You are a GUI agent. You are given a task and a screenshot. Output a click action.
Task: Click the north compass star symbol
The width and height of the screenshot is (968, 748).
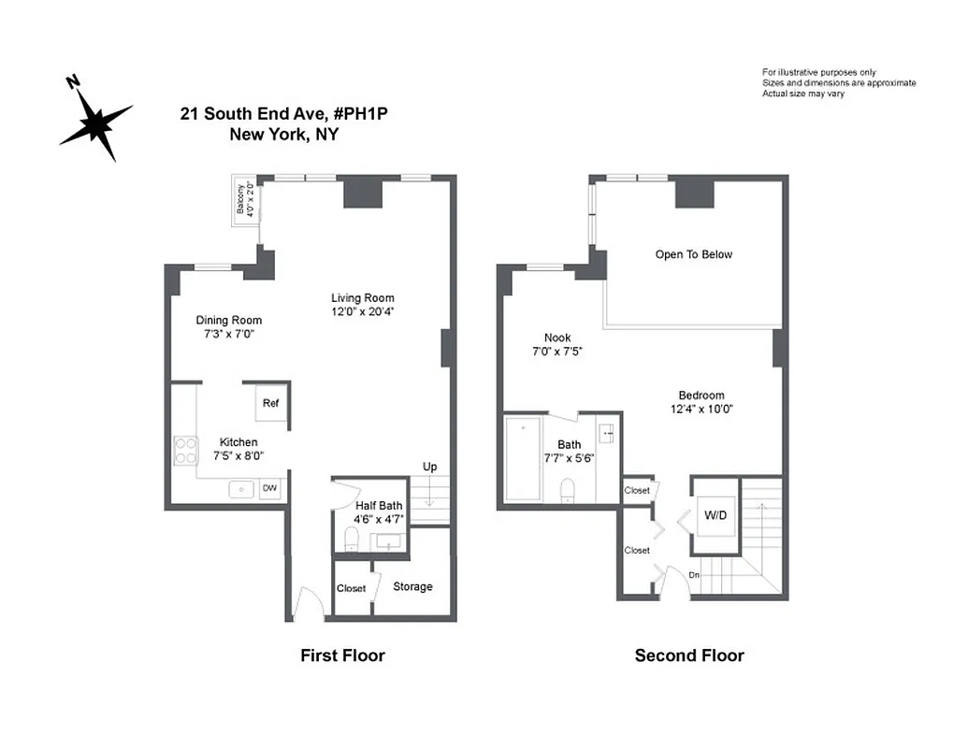click(95, 122)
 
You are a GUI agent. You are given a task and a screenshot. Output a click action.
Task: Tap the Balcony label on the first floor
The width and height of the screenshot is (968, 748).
click(245, 200)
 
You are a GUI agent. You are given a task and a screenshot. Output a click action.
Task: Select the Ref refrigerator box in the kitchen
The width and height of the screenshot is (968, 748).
click(270, 403)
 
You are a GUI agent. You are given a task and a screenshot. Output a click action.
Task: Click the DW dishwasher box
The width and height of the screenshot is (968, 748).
click(269, 488)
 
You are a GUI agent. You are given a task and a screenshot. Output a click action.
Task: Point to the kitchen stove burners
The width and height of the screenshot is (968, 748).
click(185, 453)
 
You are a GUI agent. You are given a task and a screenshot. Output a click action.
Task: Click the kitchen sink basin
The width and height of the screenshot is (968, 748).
click(241, 488)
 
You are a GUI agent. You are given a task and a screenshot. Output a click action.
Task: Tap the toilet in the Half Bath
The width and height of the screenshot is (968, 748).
click(351, 539)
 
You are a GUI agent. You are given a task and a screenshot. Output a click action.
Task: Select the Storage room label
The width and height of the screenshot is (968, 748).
click(412, 586)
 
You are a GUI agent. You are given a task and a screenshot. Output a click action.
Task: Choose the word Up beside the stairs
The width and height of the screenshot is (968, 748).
click(429, 467)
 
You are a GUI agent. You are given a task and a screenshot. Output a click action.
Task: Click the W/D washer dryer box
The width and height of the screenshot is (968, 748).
click(715, 513)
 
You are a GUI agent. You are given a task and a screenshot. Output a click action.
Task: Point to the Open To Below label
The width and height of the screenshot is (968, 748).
click(693, 254)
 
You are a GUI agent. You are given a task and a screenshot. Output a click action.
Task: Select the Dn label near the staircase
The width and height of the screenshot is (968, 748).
click(694, 574)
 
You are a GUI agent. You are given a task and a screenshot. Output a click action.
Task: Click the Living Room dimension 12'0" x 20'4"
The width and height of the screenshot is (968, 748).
click(362, 311)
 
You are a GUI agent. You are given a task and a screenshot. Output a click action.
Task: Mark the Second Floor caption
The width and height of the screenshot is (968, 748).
click(689, 655)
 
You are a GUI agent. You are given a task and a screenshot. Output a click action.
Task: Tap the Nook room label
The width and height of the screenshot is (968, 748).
click(557, 338)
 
